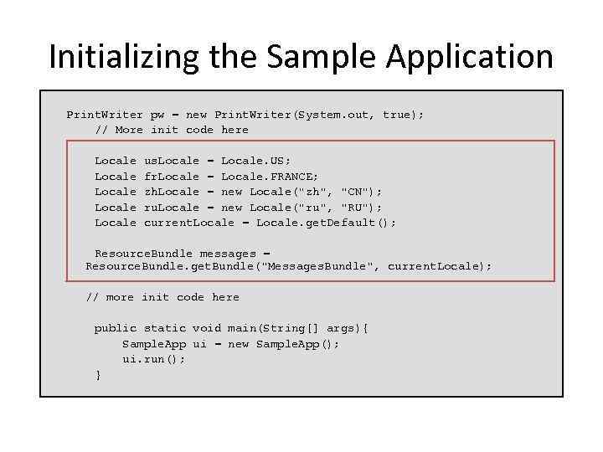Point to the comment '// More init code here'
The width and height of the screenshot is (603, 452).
tap(172, 130)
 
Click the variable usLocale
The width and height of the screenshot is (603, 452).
tap(172, 160)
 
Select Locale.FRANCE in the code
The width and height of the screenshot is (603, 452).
tap(270, 176)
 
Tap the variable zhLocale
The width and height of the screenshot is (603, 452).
tap(172, 192)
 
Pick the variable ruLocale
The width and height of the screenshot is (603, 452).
tap(172, 207)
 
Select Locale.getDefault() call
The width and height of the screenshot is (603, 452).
tap(326, 223)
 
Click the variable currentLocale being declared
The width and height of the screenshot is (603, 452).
tap(189, 223)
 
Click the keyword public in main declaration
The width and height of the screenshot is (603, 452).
tap(116, 328)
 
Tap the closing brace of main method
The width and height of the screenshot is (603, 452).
tap(99, 375)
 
